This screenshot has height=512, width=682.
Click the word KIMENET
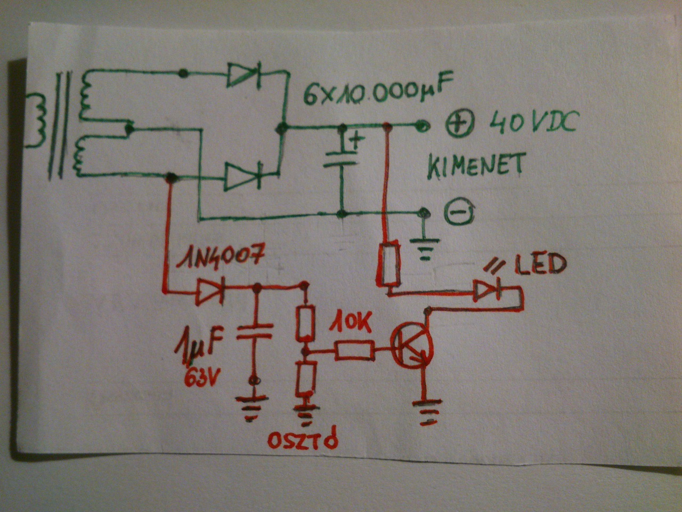475,166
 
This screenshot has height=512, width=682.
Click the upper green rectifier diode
243,74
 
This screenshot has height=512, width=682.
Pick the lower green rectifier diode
242,175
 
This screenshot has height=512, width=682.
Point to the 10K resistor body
354,351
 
